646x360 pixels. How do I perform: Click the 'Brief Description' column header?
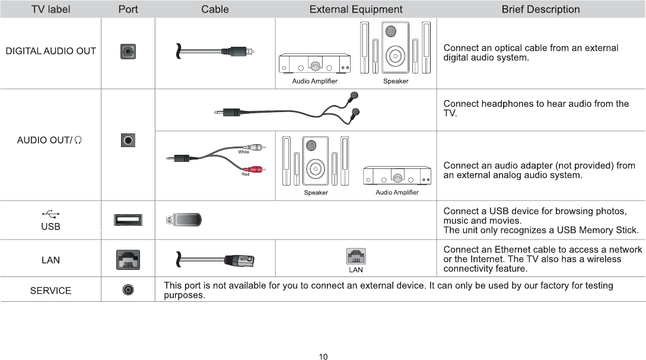(540, 9)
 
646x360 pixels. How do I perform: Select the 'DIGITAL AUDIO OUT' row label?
(51, 51)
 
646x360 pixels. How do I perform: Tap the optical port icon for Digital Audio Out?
(128, 51)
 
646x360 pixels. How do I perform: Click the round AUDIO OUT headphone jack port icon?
(128, 140)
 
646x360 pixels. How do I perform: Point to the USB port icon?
(128, 220)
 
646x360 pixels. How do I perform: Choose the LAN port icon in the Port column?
(128, 259)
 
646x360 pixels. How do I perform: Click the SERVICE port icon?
(128, 290)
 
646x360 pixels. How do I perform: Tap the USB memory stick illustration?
(184, 220)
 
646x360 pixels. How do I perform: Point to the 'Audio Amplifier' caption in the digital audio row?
(314, 81)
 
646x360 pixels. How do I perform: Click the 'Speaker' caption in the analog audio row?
(316, 193)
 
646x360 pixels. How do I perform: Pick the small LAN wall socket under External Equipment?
(355, 256)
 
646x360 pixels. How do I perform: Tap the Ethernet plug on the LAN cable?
(239, 259)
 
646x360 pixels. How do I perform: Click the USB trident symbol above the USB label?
(50, 214)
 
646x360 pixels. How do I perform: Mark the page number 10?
(323, 356)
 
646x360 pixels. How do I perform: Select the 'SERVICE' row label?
(51, 291)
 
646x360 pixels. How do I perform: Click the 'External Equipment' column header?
(356, 9)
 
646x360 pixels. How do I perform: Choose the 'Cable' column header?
(215, 9)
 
